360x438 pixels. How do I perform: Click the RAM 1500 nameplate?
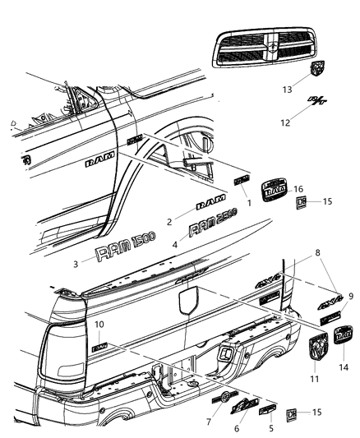point(122,251)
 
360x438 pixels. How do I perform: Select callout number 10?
point(99,325)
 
